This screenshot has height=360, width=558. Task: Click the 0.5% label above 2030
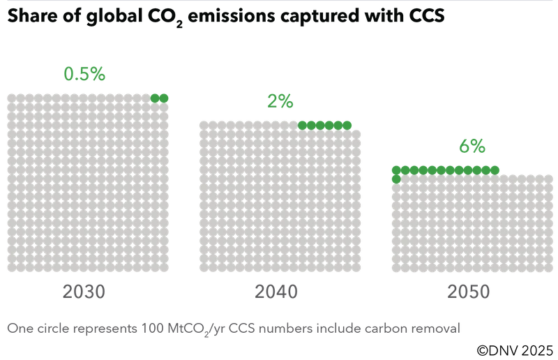pyautogui.click(x=84, y=74)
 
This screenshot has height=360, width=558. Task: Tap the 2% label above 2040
pyautogui.click(x=280, y=101)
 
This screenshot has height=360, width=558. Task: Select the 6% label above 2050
pyautogui.click(x=472, y=146)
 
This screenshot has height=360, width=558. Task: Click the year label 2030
pyautogui.click(x=84, y=292)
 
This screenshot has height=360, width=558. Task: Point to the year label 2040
pyautogui.click(x=276, y=292)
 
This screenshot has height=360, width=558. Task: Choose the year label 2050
pyautogui.click(x=469, y=292)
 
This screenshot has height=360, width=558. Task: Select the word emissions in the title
pyautogui.click(x=232, y=15)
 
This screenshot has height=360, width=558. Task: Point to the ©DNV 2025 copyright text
pyautogui.click(x=515, y=350)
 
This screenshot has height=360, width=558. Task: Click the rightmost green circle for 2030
pyautogui.click(x=164, y=98)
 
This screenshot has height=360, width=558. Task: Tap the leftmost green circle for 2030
pyautogui.click(x=155, y=98)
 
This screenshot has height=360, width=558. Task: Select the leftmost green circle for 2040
pyautogui.click(x=302, y=126)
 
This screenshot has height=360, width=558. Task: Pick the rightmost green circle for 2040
pyautogui.click(x=347, y=126)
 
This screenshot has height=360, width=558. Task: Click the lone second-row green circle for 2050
pyautogui.click(x=396, y=179)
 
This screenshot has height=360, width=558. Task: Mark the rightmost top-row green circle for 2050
pyautogui.click(x=495, y=170)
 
